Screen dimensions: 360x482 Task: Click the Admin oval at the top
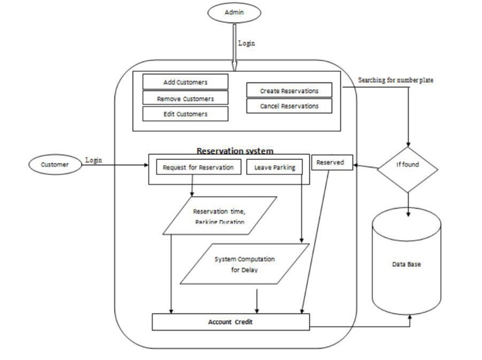click(x=235, y=12)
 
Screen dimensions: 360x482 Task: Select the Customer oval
click(x=55, y=165)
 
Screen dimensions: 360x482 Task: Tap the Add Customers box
click(x=185, y=82)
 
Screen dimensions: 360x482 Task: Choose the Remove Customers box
click(x=185, y=98)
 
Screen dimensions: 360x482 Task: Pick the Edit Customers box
click(x=185, y=114)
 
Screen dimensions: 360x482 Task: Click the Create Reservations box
click(x=289, y=90)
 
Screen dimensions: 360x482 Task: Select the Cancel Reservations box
click(x=289, y=106)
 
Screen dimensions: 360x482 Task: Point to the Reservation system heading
click(x=235, y=150)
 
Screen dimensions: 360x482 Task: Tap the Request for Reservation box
click(x=198, y=167)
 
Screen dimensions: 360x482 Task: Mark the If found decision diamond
click(x=408, y=166)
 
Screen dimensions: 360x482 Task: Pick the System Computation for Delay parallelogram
click(x=244, y=264)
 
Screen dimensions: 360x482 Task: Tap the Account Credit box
click(x=230, y=321)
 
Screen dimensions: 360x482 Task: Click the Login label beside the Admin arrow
click(x=247, y=43)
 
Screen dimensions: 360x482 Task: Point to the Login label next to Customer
click(x=93, y=160)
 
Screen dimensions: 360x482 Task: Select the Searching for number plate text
click(x=396, y=80)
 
